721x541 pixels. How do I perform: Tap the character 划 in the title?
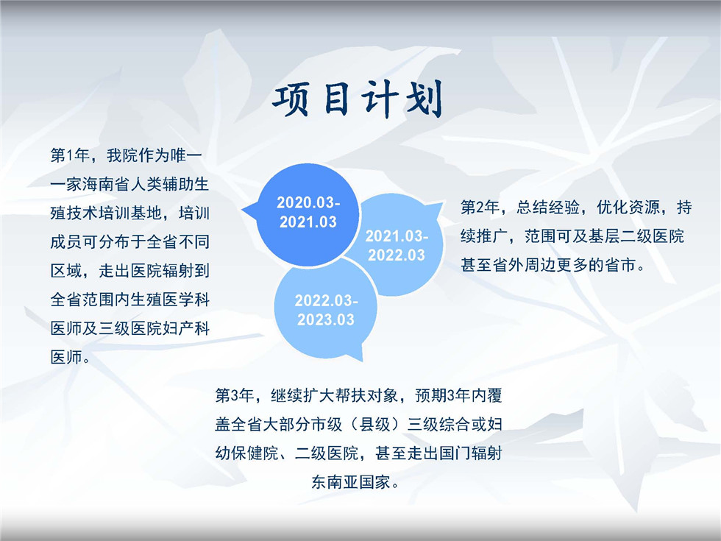click(x=423, y=99)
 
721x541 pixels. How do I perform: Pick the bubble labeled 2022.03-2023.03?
click(x=324, y=309)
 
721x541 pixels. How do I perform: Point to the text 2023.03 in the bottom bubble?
click(x=325, y=319)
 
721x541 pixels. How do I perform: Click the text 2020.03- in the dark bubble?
click(x=308, y=202)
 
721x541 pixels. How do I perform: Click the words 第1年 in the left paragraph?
click(x=69, y=155)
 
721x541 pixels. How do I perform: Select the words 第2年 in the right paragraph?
click(x=480, y=208)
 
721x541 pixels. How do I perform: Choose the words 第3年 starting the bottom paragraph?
click(x=234, y=396)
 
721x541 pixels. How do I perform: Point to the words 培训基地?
click(x=130, y=213)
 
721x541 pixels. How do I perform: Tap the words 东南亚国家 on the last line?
click(x=351, y=482)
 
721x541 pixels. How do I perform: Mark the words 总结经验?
click(x=547, y=208)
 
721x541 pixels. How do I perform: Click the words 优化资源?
click(x=628, y=208)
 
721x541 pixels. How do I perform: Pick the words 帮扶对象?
click(x=366, y=396)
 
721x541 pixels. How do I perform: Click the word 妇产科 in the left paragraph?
click(x=186, y=328)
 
